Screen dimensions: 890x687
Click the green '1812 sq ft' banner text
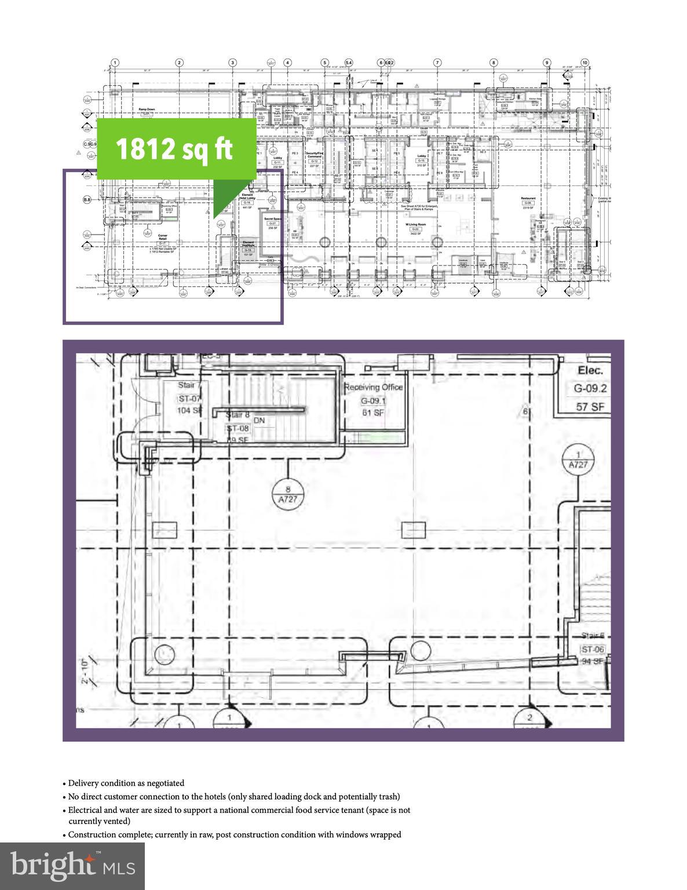[174, 148]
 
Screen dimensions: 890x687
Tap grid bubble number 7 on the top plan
[438, 63]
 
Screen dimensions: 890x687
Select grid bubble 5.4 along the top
[349, 63]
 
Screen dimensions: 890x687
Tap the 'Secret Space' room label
[272, 218]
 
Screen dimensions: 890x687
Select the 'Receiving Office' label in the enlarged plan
[373, 387]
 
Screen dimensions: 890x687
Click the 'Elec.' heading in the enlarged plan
[590, 370]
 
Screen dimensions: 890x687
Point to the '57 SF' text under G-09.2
[590, 407]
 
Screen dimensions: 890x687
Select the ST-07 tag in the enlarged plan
[189, 397]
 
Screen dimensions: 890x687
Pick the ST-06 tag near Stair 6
[593, 650]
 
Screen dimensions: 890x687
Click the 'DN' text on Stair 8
[259, 421]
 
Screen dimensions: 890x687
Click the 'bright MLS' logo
[72, 867]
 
